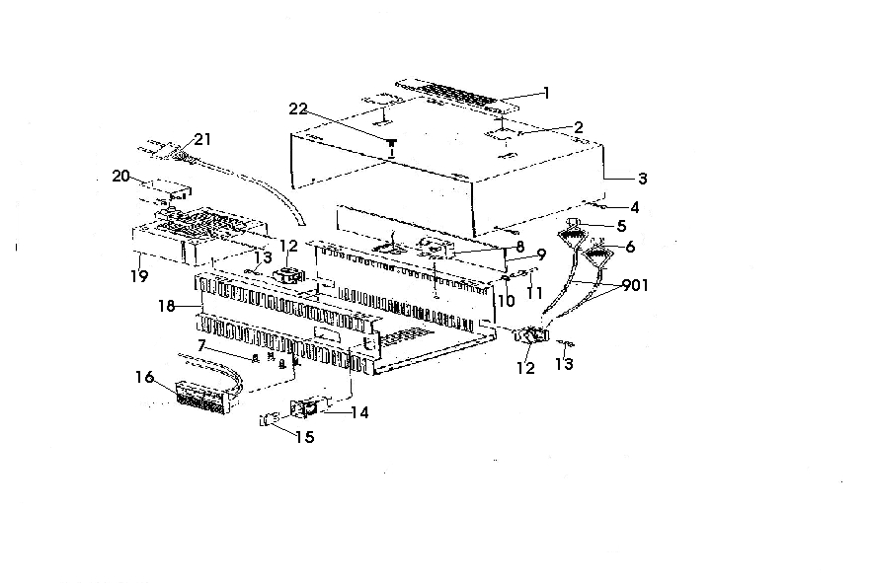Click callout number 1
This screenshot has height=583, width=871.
(547, 93)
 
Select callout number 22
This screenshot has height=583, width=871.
(298, 109)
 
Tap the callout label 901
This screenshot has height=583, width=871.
(636, 285)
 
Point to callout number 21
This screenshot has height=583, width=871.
(202, 139)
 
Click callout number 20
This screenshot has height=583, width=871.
(121, 177)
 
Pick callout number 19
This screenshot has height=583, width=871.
(139, 275)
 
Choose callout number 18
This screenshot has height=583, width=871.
(167, 306)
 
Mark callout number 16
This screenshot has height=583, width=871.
(145, 377)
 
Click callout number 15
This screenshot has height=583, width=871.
(305, 437)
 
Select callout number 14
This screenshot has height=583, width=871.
(359, 412)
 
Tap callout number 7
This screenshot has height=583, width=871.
(201, 345)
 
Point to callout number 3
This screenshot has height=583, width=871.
(643, 179)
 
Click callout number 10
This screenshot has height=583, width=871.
(507, 301)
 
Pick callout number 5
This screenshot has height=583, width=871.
(621, 226)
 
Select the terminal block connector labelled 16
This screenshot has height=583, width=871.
(203, 398)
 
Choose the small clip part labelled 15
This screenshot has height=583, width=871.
(268, 420)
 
